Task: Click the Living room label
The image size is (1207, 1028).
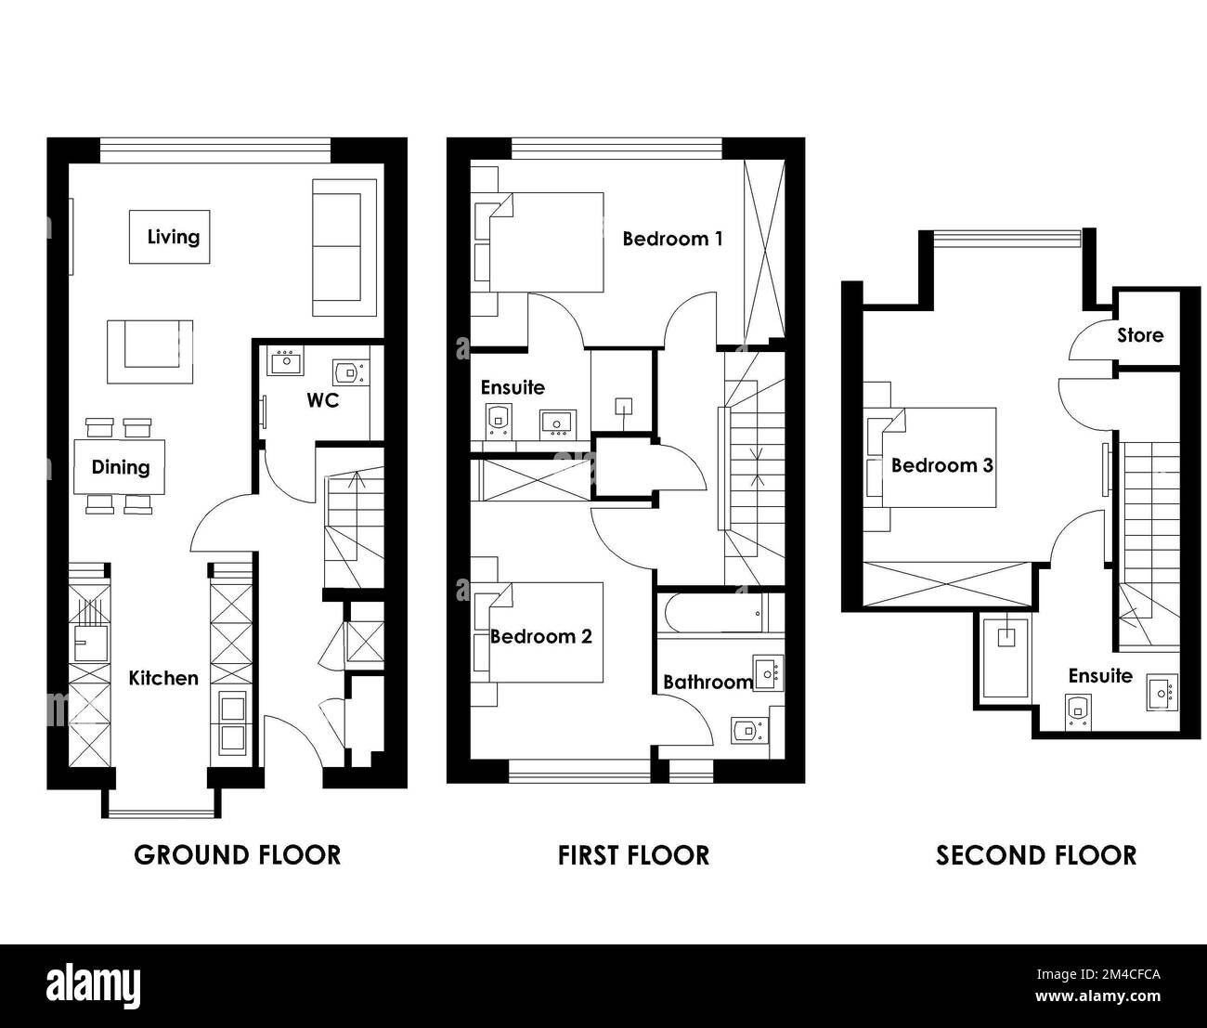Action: pos(174,237)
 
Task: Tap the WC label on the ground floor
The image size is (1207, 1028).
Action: pos(323,400)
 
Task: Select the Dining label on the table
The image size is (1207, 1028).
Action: pos(121,467)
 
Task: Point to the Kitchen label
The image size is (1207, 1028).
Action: pos(163,678)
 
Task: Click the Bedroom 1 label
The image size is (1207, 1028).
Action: pos(672,239)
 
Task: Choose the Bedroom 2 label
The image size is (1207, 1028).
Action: pos(540,637)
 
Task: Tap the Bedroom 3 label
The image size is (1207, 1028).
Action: pos(941,465)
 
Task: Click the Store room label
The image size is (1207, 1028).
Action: pos(1140,335)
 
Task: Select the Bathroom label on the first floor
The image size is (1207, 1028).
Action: pos(707,683)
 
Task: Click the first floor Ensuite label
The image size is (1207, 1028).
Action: pos(513,387)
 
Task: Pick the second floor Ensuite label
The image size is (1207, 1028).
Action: pos(1100,676)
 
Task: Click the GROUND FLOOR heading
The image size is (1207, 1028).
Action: pos(237,855)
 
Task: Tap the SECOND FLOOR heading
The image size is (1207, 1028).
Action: pos(1036,855)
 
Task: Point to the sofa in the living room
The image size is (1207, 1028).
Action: pos(344,248)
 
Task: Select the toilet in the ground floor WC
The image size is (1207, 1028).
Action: pos(351,372)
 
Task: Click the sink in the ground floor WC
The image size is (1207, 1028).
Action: pos(285,360)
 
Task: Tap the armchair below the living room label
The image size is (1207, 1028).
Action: pos(150,352)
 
